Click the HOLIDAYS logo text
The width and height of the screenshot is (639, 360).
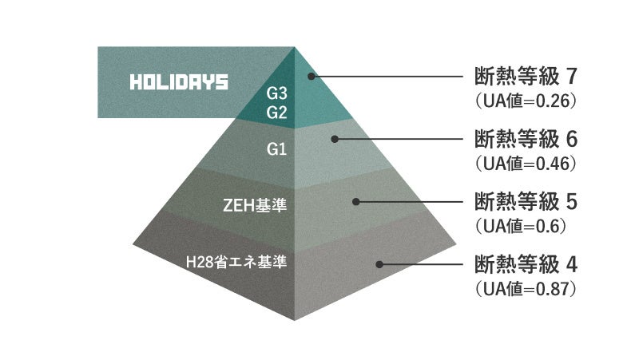179,82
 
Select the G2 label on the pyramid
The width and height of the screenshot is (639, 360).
277,113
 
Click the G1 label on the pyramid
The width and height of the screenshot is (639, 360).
277,149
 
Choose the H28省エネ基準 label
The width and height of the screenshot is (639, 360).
237,261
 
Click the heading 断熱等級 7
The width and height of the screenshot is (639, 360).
525,78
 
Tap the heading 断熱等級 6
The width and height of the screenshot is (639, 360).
525,140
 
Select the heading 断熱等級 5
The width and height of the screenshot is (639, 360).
525,201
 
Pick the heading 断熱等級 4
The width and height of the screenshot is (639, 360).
525,263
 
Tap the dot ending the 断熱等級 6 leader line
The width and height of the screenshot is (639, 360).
336,139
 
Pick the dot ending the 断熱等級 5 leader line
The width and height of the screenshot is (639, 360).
357,201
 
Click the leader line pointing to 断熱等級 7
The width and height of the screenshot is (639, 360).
391,77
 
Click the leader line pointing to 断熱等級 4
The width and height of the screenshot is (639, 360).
423,263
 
